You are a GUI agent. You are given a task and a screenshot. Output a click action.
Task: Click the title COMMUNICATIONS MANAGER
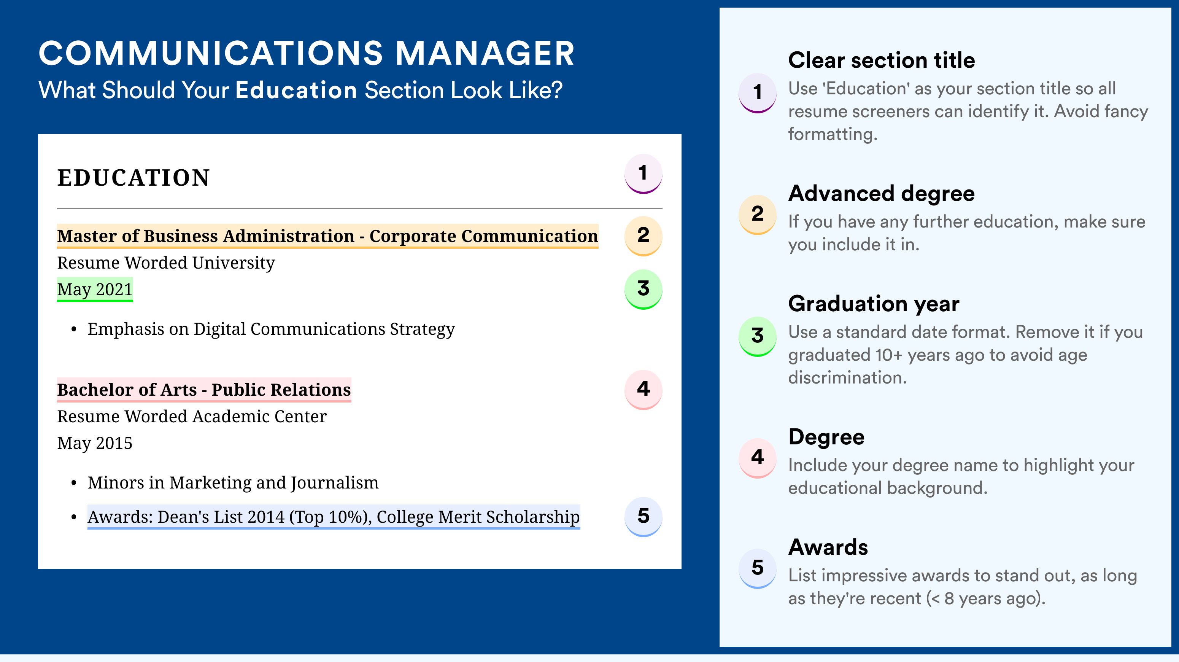tap(306, 53)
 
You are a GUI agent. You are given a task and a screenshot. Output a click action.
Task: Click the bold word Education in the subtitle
tap(296, 90)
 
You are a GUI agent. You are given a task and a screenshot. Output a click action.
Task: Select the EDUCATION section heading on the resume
tap(133, 178)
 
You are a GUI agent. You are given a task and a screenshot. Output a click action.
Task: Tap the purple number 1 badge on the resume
tap(643, 173)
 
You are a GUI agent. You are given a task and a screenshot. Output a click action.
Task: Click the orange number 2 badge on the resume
tap(643, 236)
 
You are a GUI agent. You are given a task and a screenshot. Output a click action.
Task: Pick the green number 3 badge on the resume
tap(643, 289)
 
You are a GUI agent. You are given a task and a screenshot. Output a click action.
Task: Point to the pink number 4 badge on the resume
tap(643, 389)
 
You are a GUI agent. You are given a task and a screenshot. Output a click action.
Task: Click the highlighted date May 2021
tap(95, 289)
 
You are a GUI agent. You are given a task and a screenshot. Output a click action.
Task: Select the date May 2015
tap(95, 443)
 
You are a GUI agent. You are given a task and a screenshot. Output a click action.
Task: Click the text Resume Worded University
tap(166, 263)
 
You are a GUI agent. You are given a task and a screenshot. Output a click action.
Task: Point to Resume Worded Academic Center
tap(192, 417)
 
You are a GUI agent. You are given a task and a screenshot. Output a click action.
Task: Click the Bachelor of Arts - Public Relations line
tap(204, 390)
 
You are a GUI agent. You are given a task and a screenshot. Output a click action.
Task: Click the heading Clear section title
tap(882, 60)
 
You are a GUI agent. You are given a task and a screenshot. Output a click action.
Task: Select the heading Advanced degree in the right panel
tap(882, 194)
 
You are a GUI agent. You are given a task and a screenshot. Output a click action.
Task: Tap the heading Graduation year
tap(874, 304)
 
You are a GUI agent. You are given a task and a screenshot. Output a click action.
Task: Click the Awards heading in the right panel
tap(828, 547)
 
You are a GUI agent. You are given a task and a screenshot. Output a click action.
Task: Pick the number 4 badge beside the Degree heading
tap(758, 458)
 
